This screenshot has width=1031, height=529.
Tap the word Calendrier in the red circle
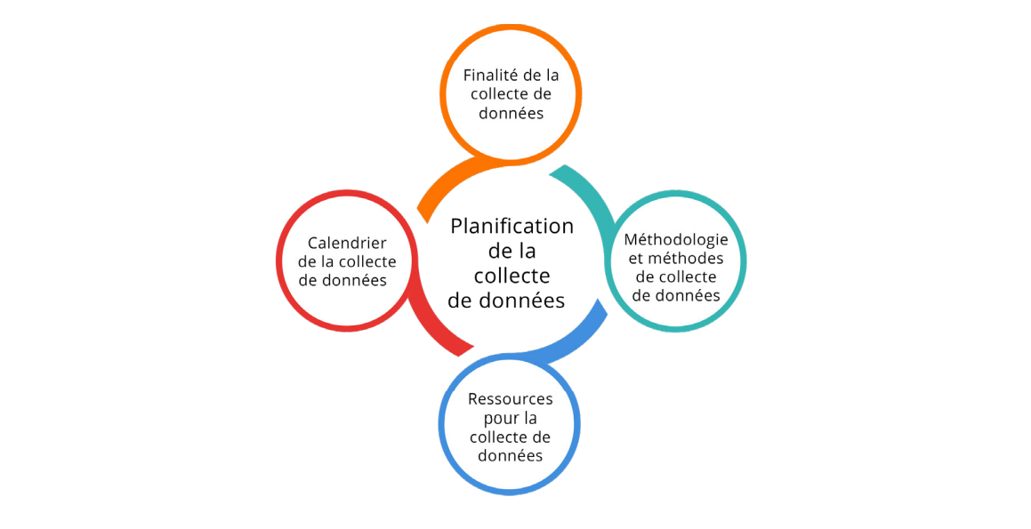(347, 243)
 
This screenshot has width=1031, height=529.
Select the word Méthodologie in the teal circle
(676, 240)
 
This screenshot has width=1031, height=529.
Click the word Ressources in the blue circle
(511, 399)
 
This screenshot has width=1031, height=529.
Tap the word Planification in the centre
(511, 227)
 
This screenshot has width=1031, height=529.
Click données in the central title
(520, 301)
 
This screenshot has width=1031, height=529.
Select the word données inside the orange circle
(511, 113)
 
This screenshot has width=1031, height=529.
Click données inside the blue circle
(511, 456)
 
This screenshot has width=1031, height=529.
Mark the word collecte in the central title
(512, 276)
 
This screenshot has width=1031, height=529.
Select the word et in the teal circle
(636, 259)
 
